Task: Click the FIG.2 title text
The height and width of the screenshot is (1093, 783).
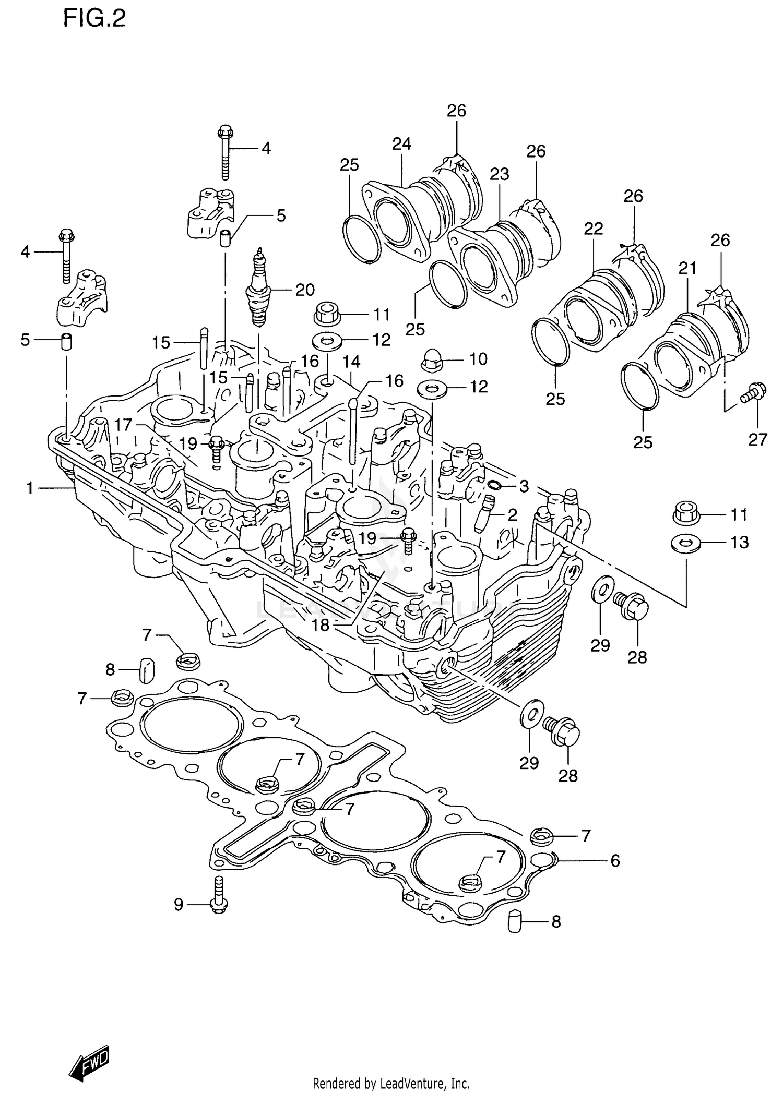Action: click(x=94, y=19)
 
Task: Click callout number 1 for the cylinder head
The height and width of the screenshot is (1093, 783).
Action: click(x=30, y=488)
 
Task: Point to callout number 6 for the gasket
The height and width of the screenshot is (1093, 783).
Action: click(x=615, y=861)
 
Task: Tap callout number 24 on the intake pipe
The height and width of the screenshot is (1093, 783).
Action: click(x=401, y=144)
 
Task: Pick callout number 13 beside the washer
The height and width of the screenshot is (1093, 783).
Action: click(x=739, y=543)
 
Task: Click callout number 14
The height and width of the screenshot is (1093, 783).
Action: click(x=351, y=361)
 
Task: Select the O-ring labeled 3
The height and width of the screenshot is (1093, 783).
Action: click(x=493, y=486)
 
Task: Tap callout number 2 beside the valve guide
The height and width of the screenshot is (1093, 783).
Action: click(x=512, y=515)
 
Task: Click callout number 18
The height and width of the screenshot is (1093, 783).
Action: click(x=321, y=625)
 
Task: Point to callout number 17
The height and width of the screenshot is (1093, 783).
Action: click(x=123, y=425)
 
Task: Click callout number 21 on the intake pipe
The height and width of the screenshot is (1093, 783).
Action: click(x=687, y=268)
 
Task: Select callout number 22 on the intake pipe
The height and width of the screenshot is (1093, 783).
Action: click(x=594, y=229)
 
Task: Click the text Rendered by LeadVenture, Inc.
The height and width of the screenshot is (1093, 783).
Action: click(x=390, y=1083)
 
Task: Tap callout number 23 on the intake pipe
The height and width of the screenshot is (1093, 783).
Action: click(x=499, y=174)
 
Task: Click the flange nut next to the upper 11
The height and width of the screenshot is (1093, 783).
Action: click(x=326, y=314)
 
